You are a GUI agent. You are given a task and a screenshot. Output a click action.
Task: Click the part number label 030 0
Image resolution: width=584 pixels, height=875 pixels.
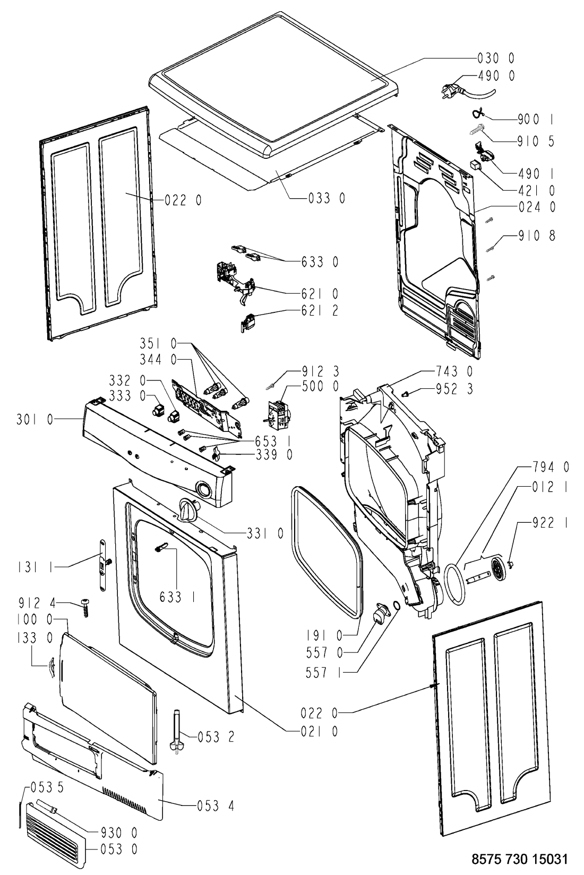(x=494, y=58)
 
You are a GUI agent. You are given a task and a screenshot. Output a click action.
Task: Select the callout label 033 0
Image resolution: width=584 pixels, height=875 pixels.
(x=327, y=198)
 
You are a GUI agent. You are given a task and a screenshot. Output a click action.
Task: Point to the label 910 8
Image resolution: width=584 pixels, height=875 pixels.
(x=537, y=235)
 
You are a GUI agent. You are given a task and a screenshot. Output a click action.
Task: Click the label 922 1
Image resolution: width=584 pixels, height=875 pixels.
(x=549, y=523)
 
